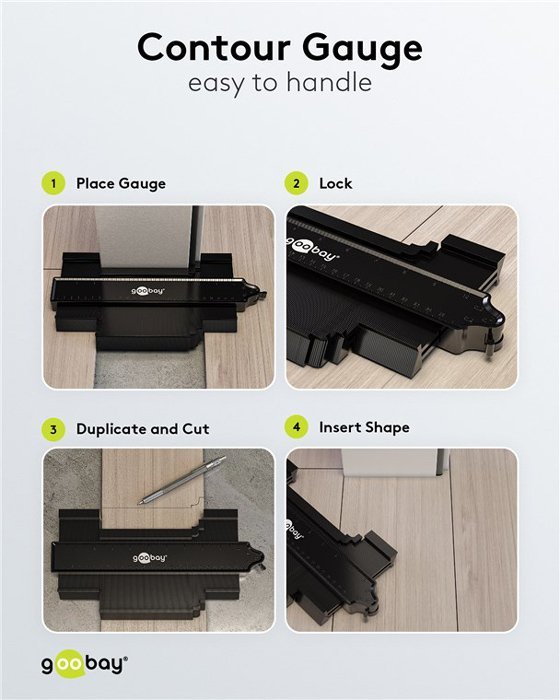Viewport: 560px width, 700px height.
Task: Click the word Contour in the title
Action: (x=213, y=47)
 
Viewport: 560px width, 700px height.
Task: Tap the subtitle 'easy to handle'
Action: (x=279, y=83)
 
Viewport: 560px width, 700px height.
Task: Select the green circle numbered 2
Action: (x=296, y=184)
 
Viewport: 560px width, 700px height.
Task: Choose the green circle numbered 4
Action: (x=296, y=429)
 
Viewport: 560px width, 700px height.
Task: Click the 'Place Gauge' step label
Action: (x=121, y=184)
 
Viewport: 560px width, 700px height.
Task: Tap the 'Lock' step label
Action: (x=336, y=184)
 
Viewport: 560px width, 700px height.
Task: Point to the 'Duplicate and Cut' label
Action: (x=143, y=429)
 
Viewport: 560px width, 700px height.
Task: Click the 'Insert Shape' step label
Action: (x=364, y=428)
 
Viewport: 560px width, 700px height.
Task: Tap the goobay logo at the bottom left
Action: (x=84, y=663)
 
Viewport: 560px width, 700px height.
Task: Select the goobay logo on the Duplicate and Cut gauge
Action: (x=149, y=558)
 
